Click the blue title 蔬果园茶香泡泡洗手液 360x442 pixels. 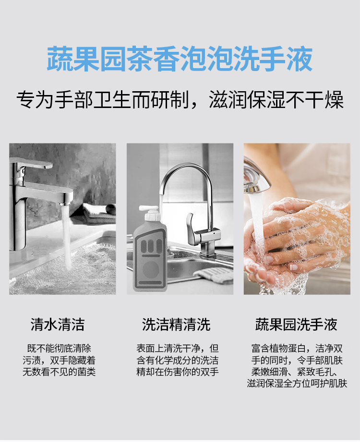pos(180,59)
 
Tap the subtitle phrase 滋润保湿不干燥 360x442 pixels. pos(276,100)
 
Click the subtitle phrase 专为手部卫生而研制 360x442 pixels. pos(102,100)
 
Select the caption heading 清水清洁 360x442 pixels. pos(58,324)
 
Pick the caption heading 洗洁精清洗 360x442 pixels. pos(176,324)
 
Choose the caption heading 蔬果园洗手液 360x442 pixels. pos(296,324)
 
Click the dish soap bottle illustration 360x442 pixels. pos(150,249)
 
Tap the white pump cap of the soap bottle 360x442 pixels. pos(149,213)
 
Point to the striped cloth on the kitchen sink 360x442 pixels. pos(214,275)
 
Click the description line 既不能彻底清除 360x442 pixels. pos(59,348)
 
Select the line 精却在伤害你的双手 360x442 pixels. pos(178,371)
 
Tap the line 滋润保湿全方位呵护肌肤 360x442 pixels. pos(297,383)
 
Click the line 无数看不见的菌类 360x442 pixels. pos(59,371)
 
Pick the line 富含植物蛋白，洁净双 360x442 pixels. pos(297,348)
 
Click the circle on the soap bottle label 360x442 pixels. pos(151,269)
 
